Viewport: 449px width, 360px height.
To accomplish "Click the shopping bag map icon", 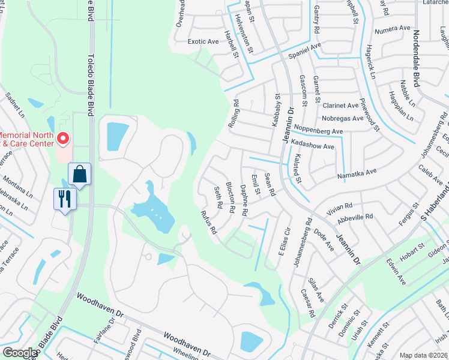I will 79,175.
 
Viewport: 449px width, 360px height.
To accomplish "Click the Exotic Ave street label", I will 203,42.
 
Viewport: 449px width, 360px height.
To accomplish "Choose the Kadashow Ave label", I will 312,146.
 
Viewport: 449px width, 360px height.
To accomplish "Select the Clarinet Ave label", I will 340,105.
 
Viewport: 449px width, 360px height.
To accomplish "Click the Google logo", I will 20,353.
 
